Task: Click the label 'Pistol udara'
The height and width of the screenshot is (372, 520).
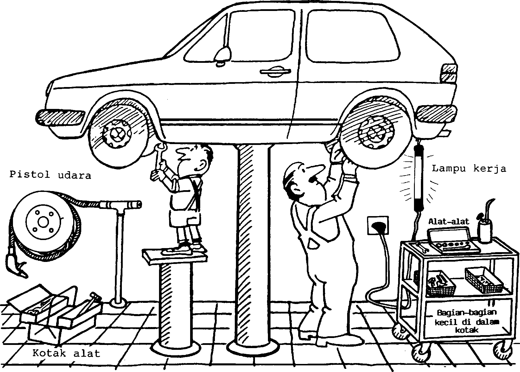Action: (x=50, y=175)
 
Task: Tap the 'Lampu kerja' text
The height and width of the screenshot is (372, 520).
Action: (x=469, y=169)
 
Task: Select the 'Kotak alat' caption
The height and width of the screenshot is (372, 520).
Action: (x=66, y=353)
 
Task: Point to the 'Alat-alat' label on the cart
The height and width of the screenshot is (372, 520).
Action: (x=449, y=221)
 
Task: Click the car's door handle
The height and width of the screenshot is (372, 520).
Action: (x=275, y=72)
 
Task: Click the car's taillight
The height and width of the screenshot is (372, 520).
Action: (x=449, y=73)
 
